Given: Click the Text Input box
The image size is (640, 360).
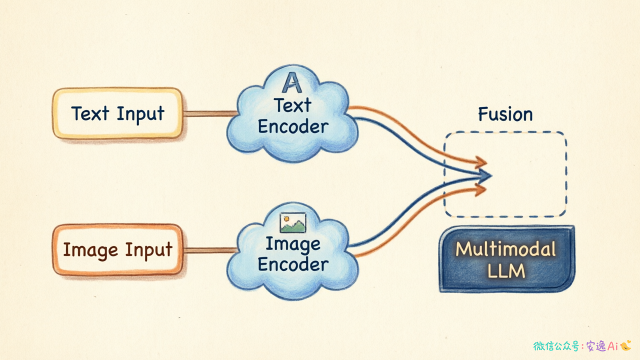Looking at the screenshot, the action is click(x=117, y=113).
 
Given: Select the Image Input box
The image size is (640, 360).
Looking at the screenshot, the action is click(x=117, y=249).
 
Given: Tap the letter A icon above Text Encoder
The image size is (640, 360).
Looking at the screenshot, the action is click(x=292, y=82).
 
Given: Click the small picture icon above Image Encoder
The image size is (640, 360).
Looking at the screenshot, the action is click(x=293, y=222).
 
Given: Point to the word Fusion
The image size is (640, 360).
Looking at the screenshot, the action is click(x=505, y=114).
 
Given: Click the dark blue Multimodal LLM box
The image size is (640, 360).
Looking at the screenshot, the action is click(x=507, y=259).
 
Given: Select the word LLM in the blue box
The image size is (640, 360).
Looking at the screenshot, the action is click(x=506, y=271).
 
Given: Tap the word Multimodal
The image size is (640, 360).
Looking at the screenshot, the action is click(x=505, y=249).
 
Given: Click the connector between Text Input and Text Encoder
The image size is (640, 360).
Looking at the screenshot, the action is click(x=210, y=113).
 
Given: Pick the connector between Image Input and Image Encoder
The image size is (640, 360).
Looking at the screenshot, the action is click(x=210, y=250).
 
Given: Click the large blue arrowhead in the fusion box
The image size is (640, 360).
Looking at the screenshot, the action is click(x=485, y=175).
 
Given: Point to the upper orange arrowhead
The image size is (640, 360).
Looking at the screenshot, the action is click(x=481, y=162).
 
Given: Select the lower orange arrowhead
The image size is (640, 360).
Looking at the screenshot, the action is click(x=480, y=189).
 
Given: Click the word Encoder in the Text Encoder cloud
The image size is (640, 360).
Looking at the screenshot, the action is click(x=293, y=126).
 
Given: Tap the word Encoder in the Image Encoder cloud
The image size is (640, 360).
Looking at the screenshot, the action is click(x=293, y=264).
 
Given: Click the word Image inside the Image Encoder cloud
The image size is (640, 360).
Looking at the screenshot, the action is click(x=293, y=244).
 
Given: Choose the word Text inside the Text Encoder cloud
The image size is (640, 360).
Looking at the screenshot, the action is click(x=292, y=105).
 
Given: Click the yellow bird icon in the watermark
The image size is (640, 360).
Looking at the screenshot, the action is click(x=625, y=345).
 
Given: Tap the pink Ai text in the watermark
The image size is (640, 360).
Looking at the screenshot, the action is click(x=612, y=346).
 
